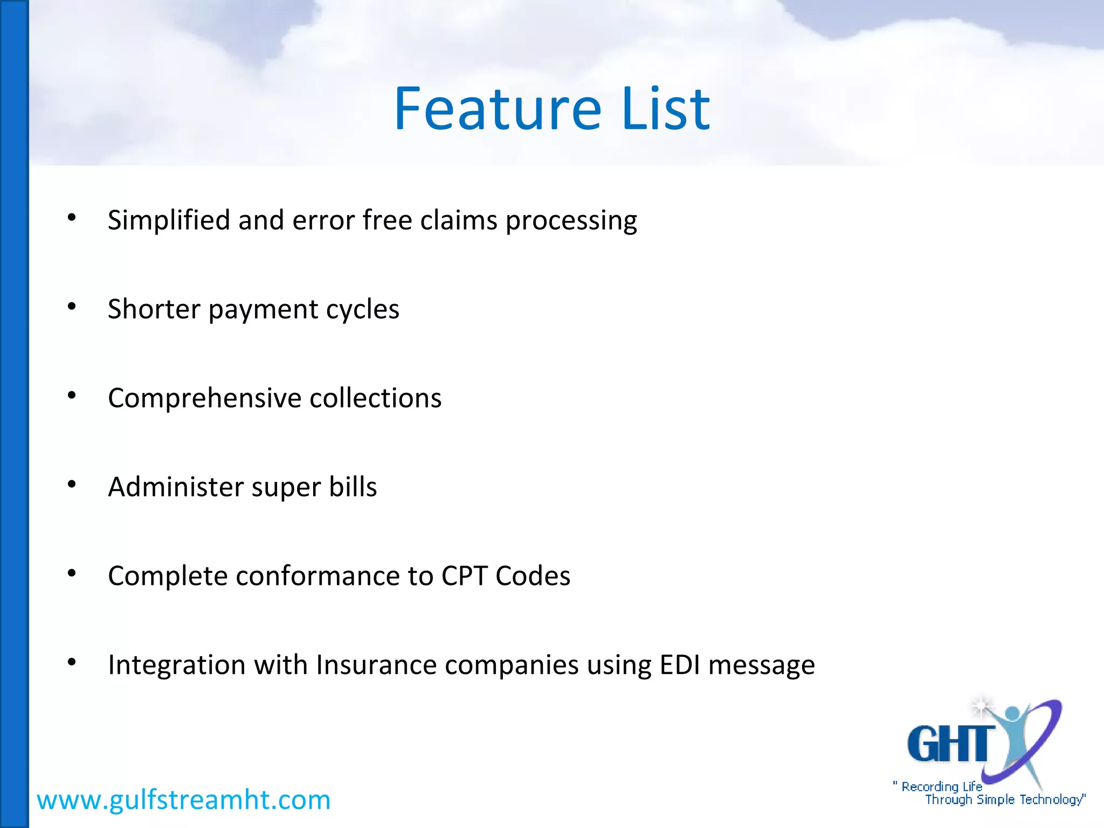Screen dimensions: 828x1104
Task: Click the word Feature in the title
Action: click(497, 109)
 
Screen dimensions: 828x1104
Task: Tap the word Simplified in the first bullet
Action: click(169, 220)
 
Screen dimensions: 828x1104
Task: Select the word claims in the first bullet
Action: click(458, 220)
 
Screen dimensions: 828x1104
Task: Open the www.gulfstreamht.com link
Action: click(183, 800)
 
